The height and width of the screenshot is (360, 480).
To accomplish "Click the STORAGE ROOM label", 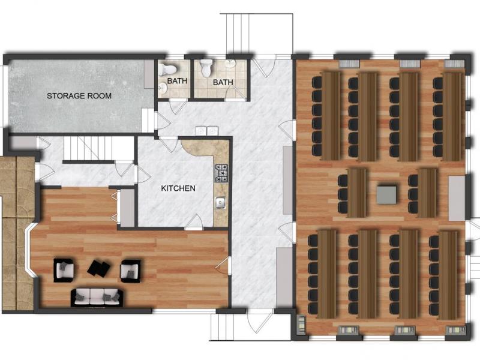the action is tap(79, 96).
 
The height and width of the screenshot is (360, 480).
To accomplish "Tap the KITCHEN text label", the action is tap(178, 188).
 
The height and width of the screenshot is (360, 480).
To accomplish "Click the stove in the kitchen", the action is tap(221, 173).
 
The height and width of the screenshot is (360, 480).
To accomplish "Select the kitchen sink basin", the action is tap(220, 203).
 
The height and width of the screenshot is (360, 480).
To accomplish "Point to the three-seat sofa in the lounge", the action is tap(97, 297).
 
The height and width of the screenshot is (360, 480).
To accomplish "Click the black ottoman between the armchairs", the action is tap(99, 268).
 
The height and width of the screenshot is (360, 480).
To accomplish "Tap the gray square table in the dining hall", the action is tap(386, 194).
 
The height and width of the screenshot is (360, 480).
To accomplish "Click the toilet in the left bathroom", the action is tap(167, 69).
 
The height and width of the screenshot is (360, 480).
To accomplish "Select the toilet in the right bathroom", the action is tap(206, 68).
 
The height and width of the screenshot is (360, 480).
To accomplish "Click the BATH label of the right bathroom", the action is tap(223, 82).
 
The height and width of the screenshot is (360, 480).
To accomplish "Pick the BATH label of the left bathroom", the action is tap(177, 81).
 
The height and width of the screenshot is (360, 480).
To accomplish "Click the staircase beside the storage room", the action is tap(98, 148).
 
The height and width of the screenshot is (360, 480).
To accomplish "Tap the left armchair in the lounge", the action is tap(64, 270).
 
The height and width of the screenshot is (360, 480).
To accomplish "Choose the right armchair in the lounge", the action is tap(130, 271).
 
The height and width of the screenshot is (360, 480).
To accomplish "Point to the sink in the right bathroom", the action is tap(230, 64).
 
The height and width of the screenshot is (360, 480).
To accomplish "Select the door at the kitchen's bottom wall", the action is tap(194, 222).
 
